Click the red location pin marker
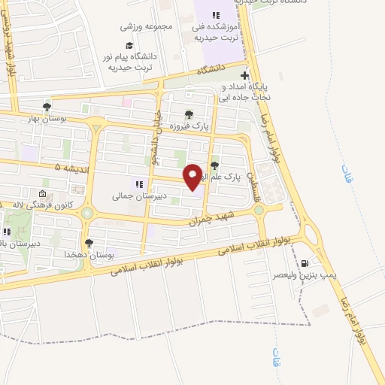(192, 176)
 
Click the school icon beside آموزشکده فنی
(217, 15)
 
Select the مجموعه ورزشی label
(147, 26)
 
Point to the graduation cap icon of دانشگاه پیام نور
(129, 45)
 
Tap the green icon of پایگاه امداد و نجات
(244, 76)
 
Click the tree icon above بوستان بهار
(47, 107)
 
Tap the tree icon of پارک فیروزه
(189, 114)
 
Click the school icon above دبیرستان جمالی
(138, 183)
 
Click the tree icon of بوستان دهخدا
(89, 243)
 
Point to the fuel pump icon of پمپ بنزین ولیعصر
(305, 263)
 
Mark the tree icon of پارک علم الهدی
(215, 166)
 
